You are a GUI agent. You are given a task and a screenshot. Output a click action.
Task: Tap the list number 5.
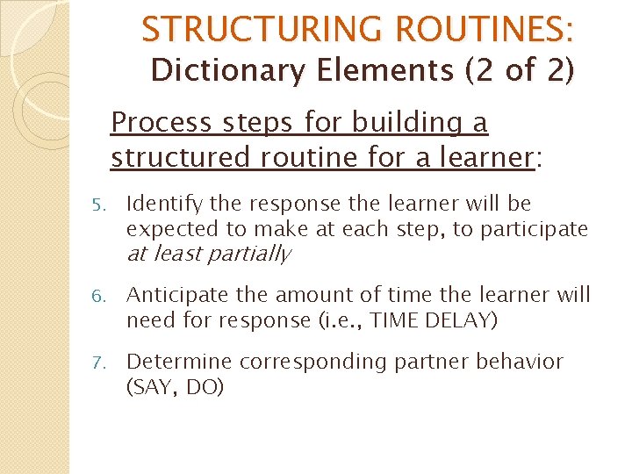[x=98, y=205]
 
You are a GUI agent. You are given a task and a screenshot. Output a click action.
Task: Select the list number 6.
[x=98, y=297]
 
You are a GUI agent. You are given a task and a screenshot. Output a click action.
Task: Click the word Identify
[x=164, y=205]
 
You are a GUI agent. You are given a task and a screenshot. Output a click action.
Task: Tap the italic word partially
[x=254, y=255]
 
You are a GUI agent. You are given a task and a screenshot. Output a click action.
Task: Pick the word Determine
[x=179, y=362]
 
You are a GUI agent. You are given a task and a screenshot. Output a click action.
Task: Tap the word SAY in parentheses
[x=153, y=387]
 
